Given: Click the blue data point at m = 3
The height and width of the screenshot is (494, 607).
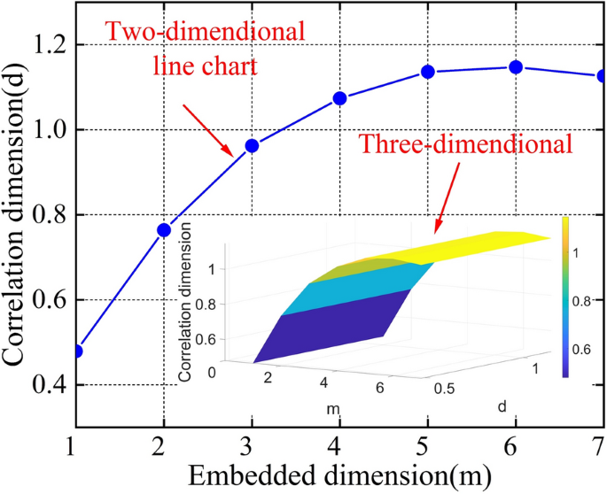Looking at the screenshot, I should [251, 145].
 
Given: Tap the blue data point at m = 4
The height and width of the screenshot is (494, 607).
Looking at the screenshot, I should [339, 98].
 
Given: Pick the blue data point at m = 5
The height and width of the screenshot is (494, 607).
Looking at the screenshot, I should [427, 72].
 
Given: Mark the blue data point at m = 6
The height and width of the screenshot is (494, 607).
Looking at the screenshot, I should [515, 67].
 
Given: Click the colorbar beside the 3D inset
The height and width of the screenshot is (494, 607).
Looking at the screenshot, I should [566, 297].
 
